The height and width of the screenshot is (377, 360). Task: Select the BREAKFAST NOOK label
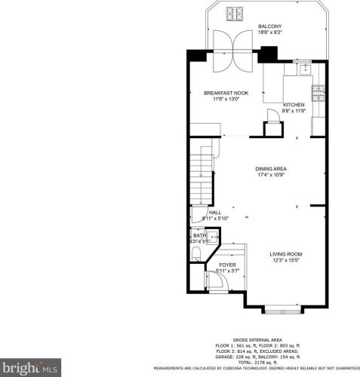226,93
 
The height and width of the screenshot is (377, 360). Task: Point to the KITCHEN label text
294,104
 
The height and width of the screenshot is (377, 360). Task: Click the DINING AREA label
271,168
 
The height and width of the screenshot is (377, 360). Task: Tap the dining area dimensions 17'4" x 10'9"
271,175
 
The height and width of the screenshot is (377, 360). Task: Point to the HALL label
215,213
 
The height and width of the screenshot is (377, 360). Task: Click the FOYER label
227,265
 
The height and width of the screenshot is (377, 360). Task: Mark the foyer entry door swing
217,282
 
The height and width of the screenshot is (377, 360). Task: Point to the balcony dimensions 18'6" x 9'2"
269,32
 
